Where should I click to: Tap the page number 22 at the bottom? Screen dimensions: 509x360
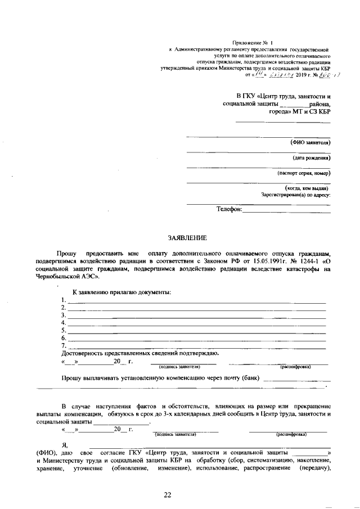(167, 495)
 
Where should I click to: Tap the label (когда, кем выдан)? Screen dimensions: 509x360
(308, 188)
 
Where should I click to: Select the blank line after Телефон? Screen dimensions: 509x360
(286, 210)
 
